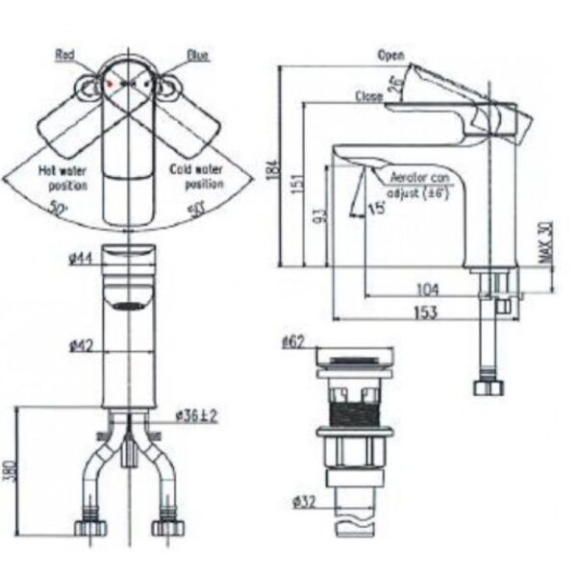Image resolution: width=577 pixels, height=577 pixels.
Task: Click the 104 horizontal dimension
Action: [x=428, y=288]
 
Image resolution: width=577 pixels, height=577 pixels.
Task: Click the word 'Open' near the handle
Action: [x=390, y=55]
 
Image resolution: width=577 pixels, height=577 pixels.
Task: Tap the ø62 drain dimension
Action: [x=293, y=341]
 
